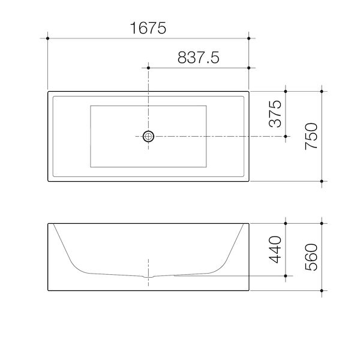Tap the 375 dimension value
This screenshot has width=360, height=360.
(275, 115)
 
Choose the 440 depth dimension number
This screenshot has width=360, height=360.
(275, 250)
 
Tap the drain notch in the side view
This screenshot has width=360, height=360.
(149, 278)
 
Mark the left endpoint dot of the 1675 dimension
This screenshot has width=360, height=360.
(47, 38)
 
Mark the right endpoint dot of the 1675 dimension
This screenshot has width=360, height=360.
(248, 38)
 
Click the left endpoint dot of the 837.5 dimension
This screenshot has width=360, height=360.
(148, 68)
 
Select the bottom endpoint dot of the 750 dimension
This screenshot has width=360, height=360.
(323, 181)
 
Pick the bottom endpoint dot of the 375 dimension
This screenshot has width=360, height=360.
(286, 137)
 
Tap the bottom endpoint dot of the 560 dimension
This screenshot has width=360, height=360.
(323, 291)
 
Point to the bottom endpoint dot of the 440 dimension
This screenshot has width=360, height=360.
(286, 276)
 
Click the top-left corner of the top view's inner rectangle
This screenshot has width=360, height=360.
(90, 106)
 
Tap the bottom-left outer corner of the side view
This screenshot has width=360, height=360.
(47, 291)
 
